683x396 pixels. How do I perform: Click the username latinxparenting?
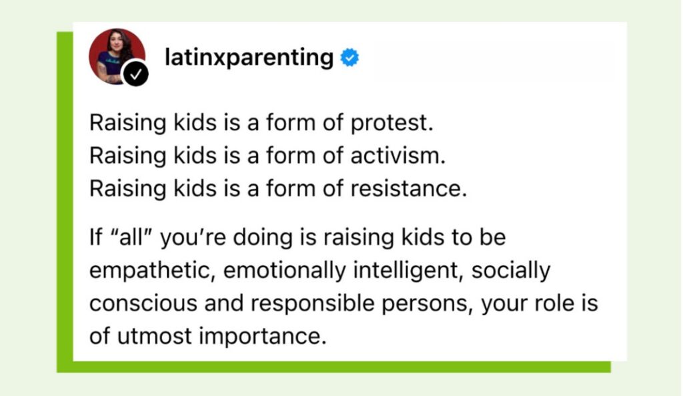(249, 57)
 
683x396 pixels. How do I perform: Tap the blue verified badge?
(350, 57)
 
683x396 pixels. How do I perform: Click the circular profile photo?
(117, 56)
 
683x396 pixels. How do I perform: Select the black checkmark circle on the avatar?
(135, 74)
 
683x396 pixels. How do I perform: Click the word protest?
(392, 123)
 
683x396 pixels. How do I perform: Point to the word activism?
(398, 155)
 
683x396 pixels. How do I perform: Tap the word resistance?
(408, 189)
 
